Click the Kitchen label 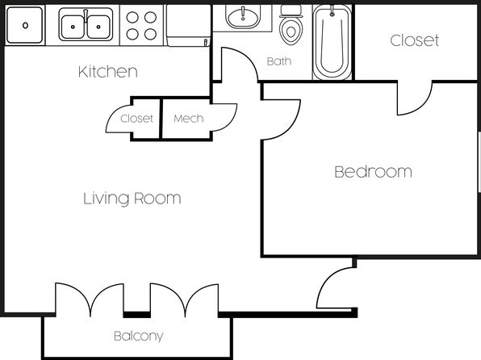point(108,72)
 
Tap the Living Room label point(132,199)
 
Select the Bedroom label point(373,172)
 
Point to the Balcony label point(138,336)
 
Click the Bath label point(279,61)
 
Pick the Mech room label point(188,119)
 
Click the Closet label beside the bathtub point(415,40)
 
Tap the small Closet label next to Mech point(136,119)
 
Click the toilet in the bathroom point(291,25)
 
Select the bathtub point(332,41)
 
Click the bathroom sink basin point(243,16)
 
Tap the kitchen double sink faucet point(86,15)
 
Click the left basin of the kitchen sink point(73,27)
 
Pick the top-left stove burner point(132,18)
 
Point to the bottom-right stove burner point(150,34)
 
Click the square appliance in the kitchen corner point(25,25)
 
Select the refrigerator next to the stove point(189,25)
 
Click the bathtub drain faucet point(332,11)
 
